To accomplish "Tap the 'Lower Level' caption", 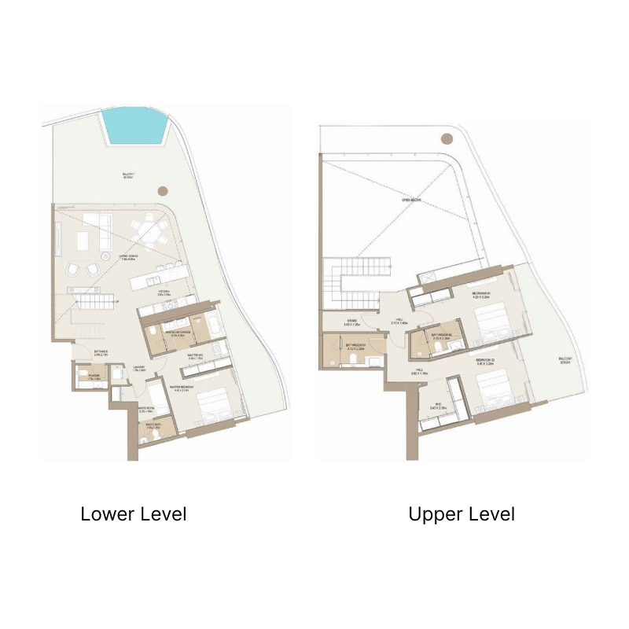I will point(134,515).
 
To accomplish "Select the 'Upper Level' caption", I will point(462,515).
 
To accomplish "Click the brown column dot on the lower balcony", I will point(162,190).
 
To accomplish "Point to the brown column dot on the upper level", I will point(447,138).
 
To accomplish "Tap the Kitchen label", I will point(164,292).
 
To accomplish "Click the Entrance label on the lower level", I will point(101,353).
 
